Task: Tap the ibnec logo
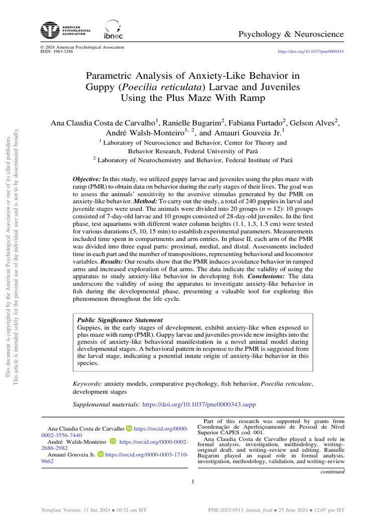click(x=111, y=30)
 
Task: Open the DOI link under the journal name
click(x=311, y=52)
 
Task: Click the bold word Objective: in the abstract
click(x=87, y=179)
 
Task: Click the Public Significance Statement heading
click(x=119, y=320)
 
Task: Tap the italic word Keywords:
click(x=88, y=383)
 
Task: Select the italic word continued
click(x=333, y=471)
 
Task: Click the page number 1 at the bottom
click(x=193, y=482)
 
